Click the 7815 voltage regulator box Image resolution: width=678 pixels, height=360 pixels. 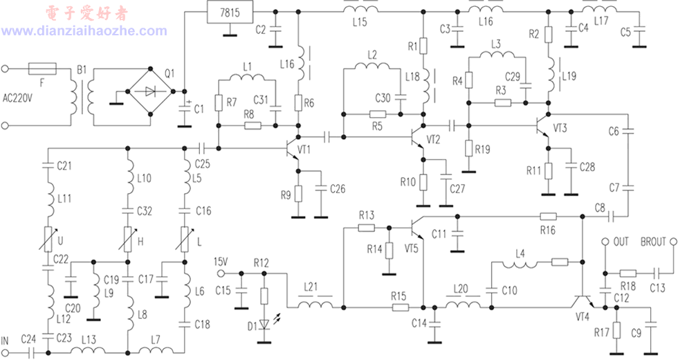(230, 12)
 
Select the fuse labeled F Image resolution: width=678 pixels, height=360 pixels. (42, 69)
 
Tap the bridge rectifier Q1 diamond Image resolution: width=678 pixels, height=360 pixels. (150, 91)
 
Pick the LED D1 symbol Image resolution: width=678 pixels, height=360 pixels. (264, 325)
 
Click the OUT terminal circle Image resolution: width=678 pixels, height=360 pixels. (605, 242)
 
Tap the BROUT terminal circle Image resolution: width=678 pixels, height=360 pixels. (672, 242)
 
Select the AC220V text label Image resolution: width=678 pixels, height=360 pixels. (17, 98)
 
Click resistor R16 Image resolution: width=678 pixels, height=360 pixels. (548, 216)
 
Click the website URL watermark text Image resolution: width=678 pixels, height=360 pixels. (84, 30)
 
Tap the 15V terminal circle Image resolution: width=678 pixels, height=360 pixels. (221, 273)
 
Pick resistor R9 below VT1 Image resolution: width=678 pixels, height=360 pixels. (298, 194)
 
